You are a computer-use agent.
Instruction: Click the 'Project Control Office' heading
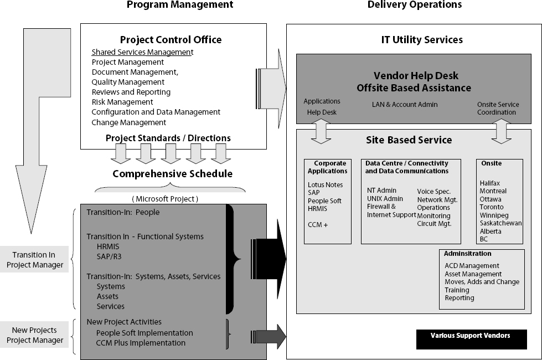click(171, 40)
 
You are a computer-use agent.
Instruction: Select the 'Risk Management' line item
click(122, 102)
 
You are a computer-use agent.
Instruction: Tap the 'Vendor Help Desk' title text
click(415, 76)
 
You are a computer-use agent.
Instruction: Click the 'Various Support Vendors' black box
click(471, 336)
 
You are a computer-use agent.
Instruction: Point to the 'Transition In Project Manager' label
click(35, 260)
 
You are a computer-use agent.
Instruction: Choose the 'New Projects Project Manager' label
click(35, 335)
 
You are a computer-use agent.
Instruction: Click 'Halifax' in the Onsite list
click(490, 183)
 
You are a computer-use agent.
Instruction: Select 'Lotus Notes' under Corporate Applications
click(325, 185)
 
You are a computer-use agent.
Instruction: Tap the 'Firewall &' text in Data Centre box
click(381, 207)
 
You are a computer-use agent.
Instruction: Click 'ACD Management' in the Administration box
click(472, 266)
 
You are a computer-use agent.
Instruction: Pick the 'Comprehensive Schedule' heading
click(172, 174)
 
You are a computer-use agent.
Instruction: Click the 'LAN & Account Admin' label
click(405, 105)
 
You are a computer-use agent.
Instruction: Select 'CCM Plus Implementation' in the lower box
click(141, 343)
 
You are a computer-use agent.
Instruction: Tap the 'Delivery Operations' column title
click(415, 5)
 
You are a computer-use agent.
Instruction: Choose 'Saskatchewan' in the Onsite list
click(500, 223)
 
